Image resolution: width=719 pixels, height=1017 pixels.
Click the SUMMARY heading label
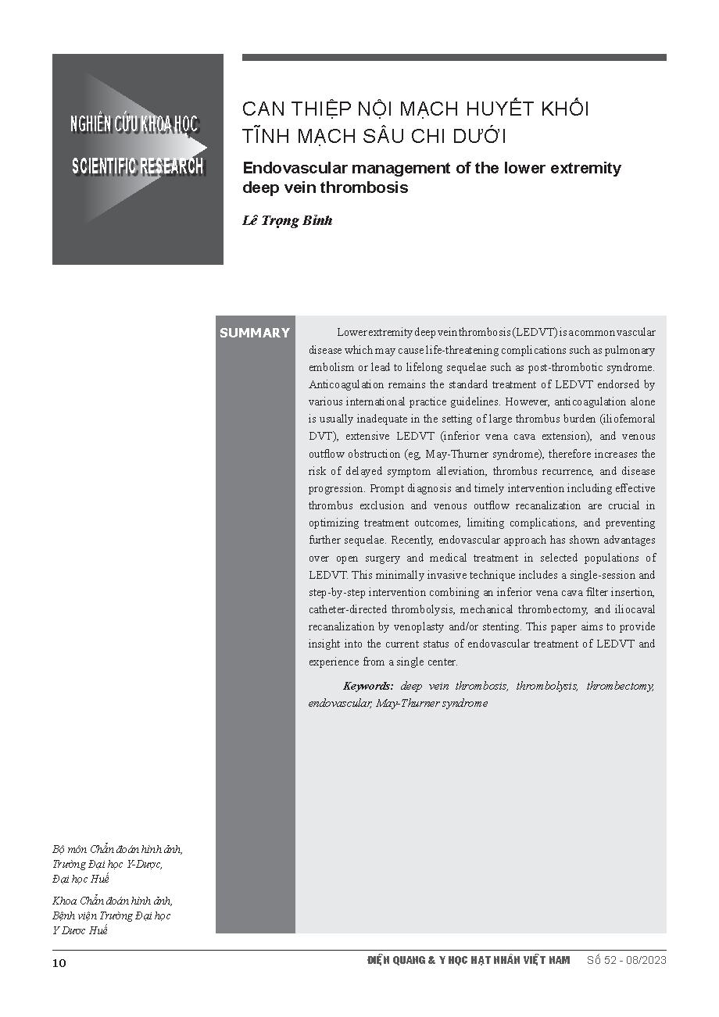tap(254, 333)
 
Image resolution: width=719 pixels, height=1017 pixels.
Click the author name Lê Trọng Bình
tap(288, 220)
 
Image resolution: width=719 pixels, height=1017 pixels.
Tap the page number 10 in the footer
tap(59, 962)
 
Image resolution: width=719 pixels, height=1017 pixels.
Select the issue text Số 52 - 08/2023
tap(626, 960)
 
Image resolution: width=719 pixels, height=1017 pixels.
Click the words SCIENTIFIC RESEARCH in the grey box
tap(138, 166)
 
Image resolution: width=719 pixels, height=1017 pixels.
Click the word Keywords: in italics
tap(368, 686)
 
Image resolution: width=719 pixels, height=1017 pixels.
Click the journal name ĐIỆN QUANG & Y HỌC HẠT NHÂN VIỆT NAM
tap(469, 960)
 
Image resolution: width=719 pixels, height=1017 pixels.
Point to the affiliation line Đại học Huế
tap(81, 879)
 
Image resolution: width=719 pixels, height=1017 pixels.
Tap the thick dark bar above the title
tap(454, 57)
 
